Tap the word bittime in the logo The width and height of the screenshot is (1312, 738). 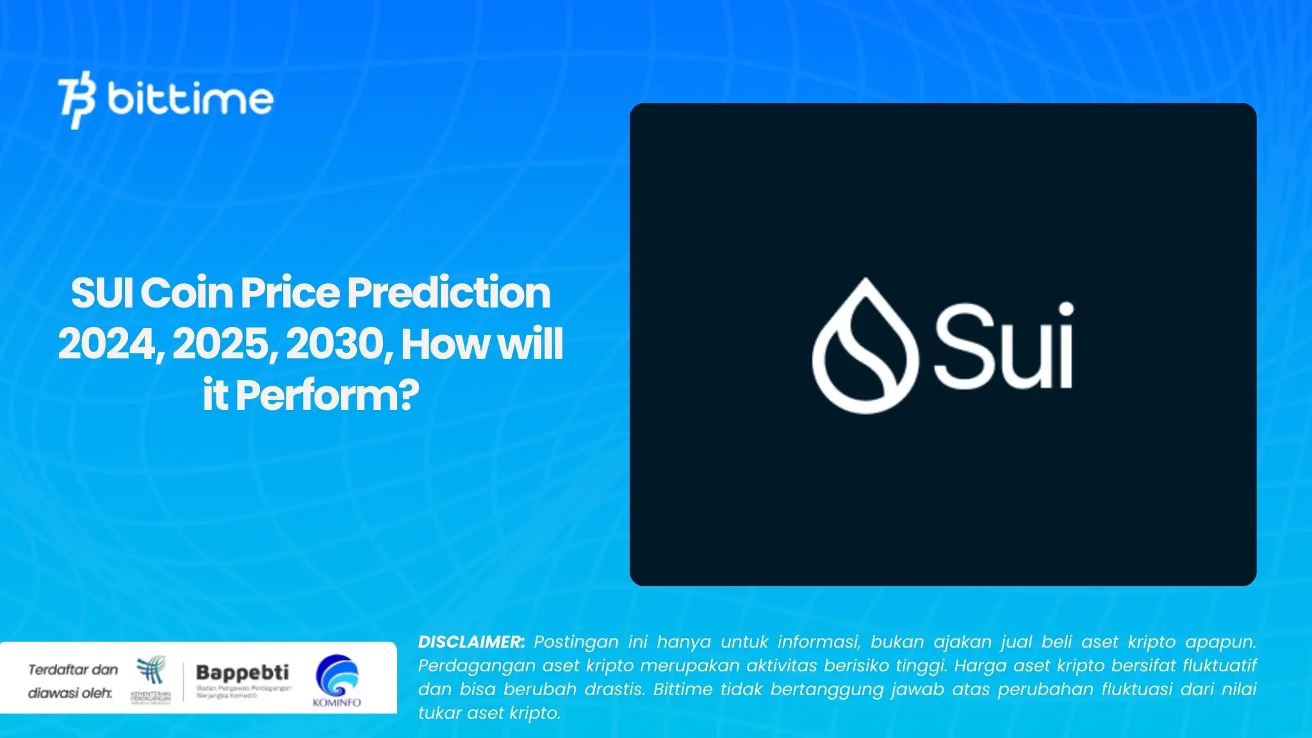[190, 100]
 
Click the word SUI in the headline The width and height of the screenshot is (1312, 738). [102, 293]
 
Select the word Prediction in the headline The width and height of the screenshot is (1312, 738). [448, 293]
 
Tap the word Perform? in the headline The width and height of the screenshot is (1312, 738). [327, 395]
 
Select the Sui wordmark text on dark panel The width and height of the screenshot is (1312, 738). [1003, 346]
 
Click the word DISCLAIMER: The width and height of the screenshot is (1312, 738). [471, 642]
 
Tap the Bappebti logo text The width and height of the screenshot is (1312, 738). [242, 673]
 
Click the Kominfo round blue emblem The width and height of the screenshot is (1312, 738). [337, 676]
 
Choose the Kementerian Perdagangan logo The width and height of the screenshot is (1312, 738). [151, 679]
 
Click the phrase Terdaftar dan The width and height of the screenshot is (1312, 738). [73, 670]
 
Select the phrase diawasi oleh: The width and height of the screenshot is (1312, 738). [70, 693]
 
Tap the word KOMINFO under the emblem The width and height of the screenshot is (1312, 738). [337, 703]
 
